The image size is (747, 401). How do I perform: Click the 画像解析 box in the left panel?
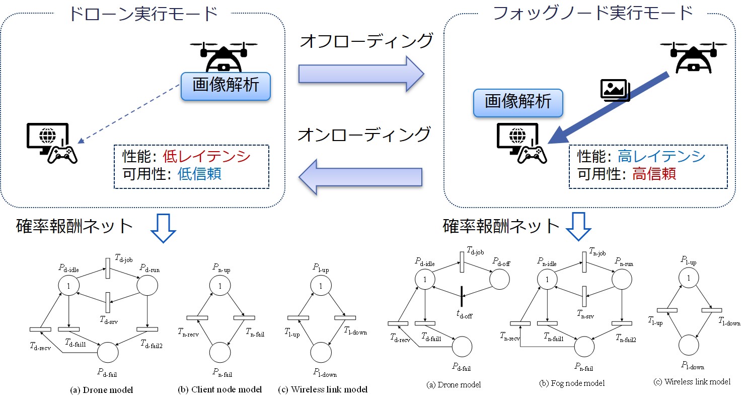[x=226, y=85]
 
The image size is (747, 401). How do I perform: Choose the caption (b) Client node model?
[x=220, y=389]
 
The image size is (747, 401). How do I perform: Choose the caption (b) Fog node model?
[x=572, y=383]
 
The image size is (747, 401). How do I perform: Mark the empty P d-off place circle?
[x=499, y=279]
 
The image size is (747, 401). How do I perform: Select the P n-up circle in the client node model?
[x=219, y=286]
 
